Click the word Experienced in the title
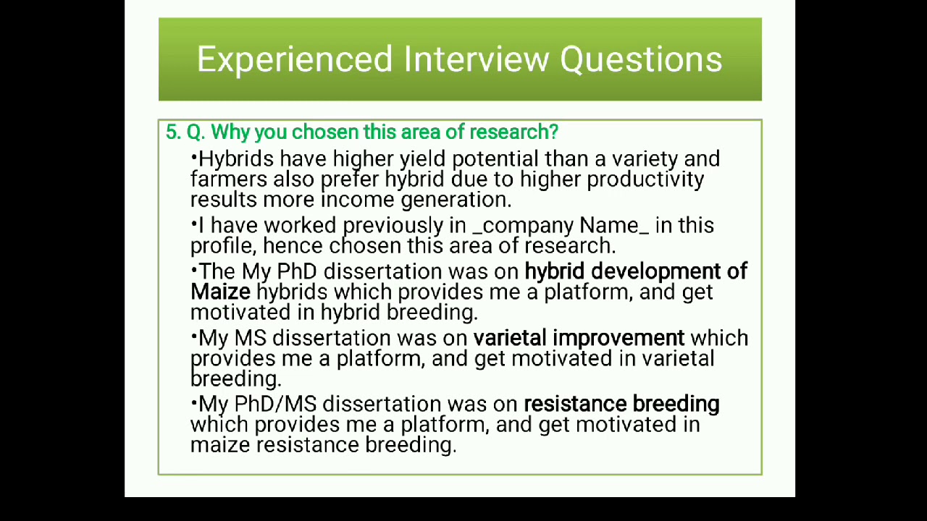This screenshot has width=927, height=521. click(295, 59)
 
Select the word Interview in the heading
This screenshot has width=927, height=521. click(476, 59)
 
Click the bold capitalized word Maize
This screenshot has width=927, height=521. click(220, 292)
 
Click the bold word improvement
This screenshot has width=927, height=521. click(618, 338)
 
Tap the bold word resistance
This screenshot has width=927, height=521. click(575, 404)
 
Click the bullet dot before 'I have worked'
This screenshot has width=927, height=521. click(194, 222)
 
